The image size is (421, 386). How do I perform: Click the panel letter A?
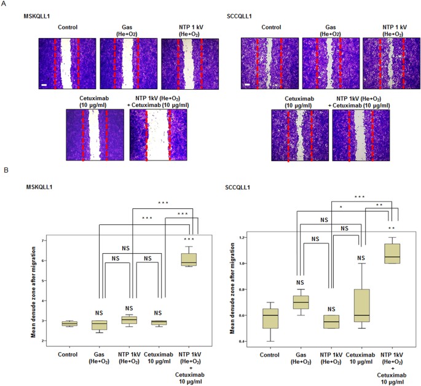pos(5,4)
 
